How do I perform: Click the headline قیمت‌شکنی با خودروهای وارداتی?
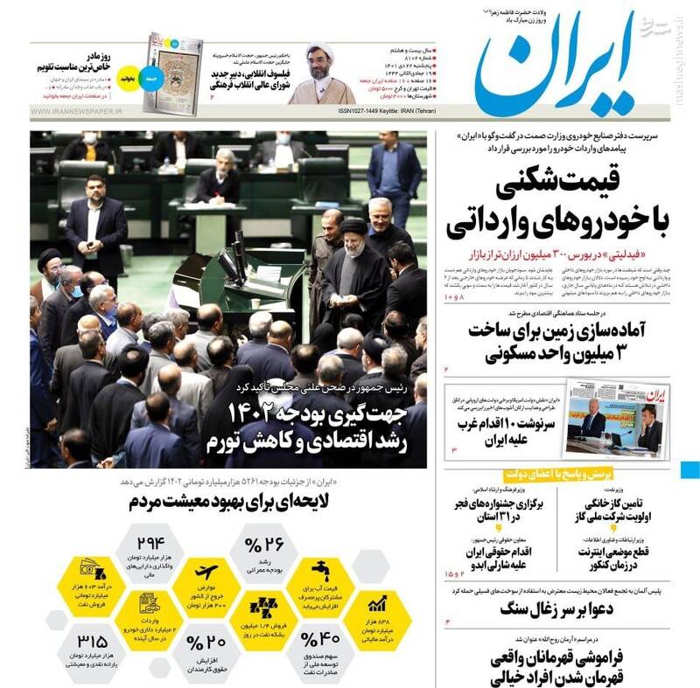point(560,206)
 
